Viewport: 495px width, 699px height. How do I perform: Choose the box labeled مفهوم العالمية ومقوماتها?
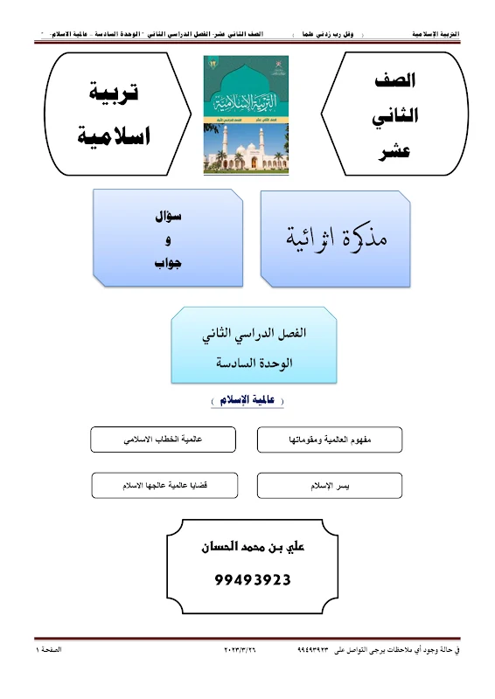click(330, 439)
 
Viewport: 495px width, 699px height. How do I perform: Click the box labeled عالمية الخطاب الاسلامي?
click(164, 439)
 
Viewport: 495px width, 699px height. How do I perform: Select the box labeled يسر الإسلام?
click(330, 485)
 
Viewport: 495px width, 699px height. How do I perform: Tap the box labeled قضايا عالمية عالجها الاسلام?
click(164, 485)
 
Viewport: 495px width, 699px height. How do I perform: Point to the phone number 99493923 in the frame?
click(252, 578)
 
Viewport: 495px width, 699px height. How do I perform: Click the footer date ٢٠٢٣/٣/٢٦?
click(247, 651)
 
